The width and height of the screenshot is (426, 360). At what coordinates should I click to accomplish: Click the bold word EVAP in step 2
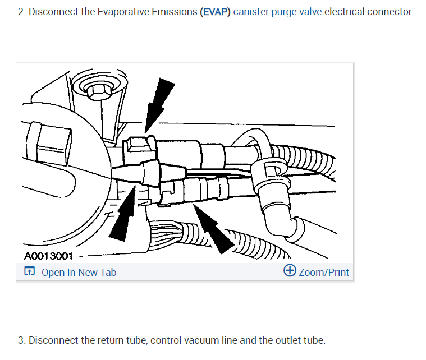(215, 12)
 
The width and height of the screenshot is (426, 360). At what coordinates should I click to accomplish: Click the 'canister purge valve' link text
(277, 12)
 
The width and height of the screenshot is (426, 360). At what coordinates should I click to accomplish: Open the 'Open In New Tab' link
(79, 273)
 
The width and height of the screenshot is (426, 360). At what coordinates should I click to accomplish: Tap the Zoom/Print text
(324, 273)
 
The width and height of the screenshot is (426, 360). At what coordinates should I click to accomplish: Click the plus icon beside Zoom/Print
(290, 271)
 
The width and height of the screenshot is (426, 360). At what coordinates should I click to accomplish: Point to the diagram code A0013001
(49, 256)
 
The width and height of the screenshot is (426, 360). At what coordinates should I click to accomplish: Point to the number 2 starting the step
(21, 12)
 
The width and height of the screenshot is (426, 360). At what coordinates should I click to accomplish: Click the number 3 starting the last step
(21, 340)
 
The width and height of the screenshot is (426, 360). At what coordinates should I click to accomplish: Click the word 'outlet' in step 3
(288, 340)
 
